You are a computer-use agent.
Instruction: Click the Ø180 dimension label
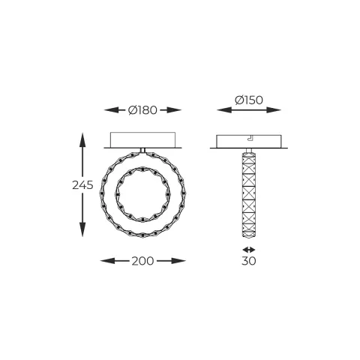pos(142,109)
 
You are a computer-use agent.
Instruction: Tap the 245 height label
pos(83,185)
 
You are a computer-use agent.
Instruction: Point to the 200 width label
pos(142,261)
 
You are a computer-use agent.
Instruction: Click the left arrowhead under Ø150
pos(218,109)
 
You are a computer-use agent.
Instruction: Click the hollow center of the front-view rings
pos(142,193)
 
